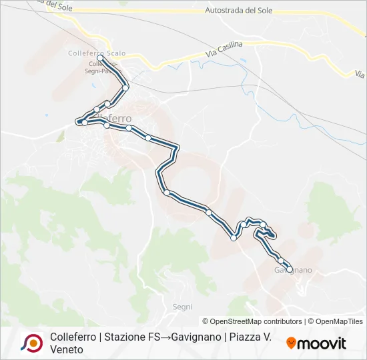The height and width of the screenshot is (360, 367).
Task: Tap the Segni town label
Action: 182,307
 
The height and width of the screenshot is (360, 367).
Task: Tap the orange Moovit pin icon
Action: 291,343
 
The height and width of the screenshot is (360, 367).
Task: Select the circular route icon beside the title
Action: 32,343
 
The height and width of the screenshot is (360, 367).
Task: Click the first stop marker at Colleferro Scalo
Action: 100,59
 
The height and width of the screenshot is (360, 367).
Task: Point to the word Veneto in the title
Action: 67,349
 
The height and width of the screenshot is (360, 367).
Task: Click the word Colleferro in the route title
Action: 73,337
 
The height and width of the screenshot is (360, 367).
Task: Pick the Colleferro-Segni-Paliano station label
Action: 104,69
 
